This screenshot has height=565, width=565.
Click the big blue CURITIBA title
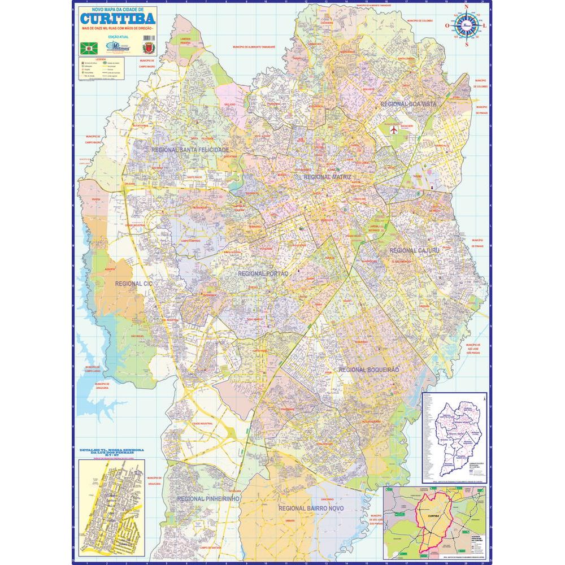pyautogui.click(x=117, y=19)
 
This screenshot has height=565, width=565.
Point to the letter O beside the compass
pyautogui.click(x=447, y=25)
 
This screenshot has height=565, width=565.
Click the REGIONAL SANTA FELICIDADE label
pyautogui.click(x=190, y=150)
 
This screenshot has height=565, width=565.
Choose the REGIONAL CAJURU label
pyautogui.click(x=414, y=250)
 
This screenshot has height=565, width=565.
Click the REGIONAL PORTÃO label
pyautogui.click(x=263, y=273)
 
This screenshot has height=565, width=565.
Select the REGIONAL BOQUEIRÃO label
pyautogui.click(x=369, y=369)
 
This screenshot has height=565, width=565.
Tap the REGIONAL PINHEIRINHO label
pyautogui.click(x=208, y=499)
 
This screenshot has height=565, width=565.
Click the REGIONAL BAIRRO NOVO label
pyautogui.click(x=311, y=508)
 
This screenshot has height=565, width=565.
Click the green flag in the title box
pyautogui.click(x=90, y=49)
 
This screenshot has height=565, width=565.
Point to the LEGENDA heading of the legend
pyautogui.click(x=101, y=59)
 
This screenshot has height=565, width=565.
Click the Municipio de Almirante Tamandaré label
pyautogui.click(x=254, y=47)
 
